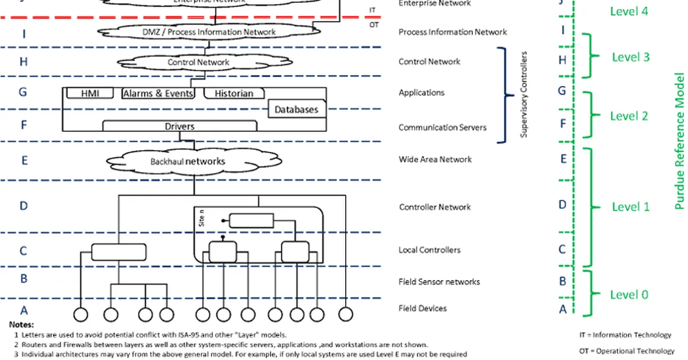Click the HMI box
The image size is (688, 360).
pyautogui.click(x=89, y=93)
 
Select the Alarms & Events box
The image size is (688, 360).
pyautogui.click(x=158, y=93)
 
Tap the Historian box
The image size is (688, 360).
pyautogui.click(x=233, y=93)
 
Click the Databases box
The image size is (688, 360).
pyautogui.click(x=295, y=109)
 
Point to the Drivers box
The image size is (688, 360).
pyautogui.click(x=179, y=126)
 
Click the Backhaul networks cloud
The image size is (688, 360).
pyautogui.click(x=187, y=161)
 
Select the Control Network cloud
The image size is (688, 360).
pyautogui.click(x=198, y=62)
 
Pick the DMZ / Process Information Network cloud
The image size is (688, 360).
pyautogui.click(x=209, y=32)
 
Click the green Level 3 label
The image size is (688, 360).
pyautogui.click(x=630, y=57)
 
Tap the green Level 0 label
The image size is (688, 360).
pyautogui.click(x=629, y=295)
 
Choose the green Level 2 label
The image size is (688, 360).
pyautogui.click(x=629, y=116)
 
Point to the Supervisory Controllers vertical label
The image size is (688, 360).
pyautogui.click(x=523, y=95)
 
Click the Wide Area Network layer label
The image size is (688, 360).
pyautogui.click(x=435, y=159)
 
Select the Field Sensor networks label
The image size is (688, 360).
pyautogui.click(x=439, y=281)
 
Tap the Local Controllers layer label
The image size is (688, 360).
pyautogui.click(x=429, y=250)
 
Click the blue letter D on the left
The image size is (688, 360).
pyautogui.click(x=24, y=206)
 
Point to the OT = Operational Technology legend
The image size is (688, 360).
pyautogui.click(x=627, y=351)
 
